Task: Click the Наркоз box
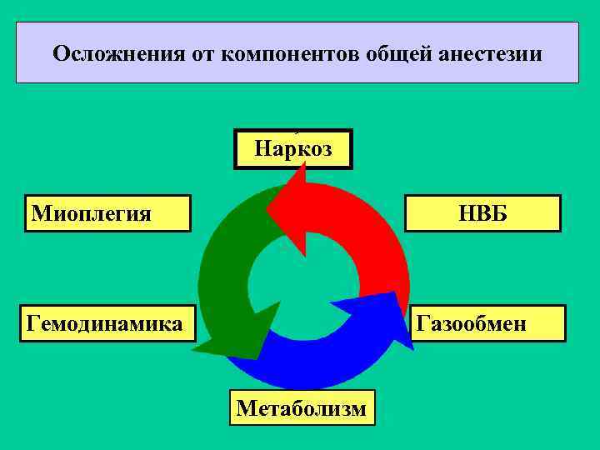pyautogui.click(x=293, y=149)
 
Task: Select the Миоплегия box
pyautogui.click(x=107, y=213)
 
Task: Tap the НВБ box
pyautogui.click(x=482, y=213)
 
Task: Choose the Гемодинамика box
pyautogui.click(x=107, y=323)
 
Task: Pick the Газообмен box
pyautogui.click(x=489, y=323)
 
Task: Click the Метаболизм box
pyautogui.click(x=302, y=407)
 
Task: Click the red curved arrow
pyautogui.click(x=367, y=225)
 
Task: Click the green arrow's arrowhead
pyautogui.click(x=233, y=333)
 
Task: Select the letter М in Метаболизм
pyautogui.click(x=246, y=408)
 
